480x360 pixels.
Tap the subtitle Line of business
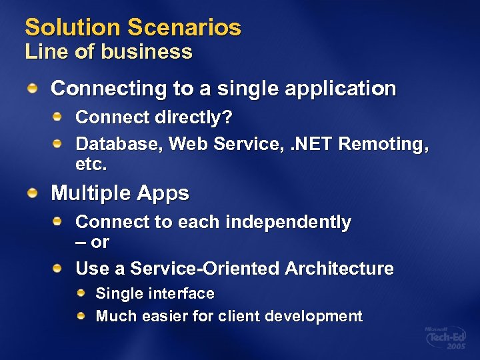coord(109,52)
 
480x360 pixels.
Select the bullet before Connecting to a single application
coord(32,88)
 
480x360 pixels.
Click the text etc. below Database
coord(91,164)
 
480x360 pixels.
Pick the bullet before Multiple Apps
coord(32,193)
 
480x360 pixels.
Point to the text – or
coord(92,242)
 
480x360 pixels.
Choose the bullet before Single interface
coord(81,293)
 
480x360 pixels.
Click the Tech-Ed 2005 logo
coord(446,338)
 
